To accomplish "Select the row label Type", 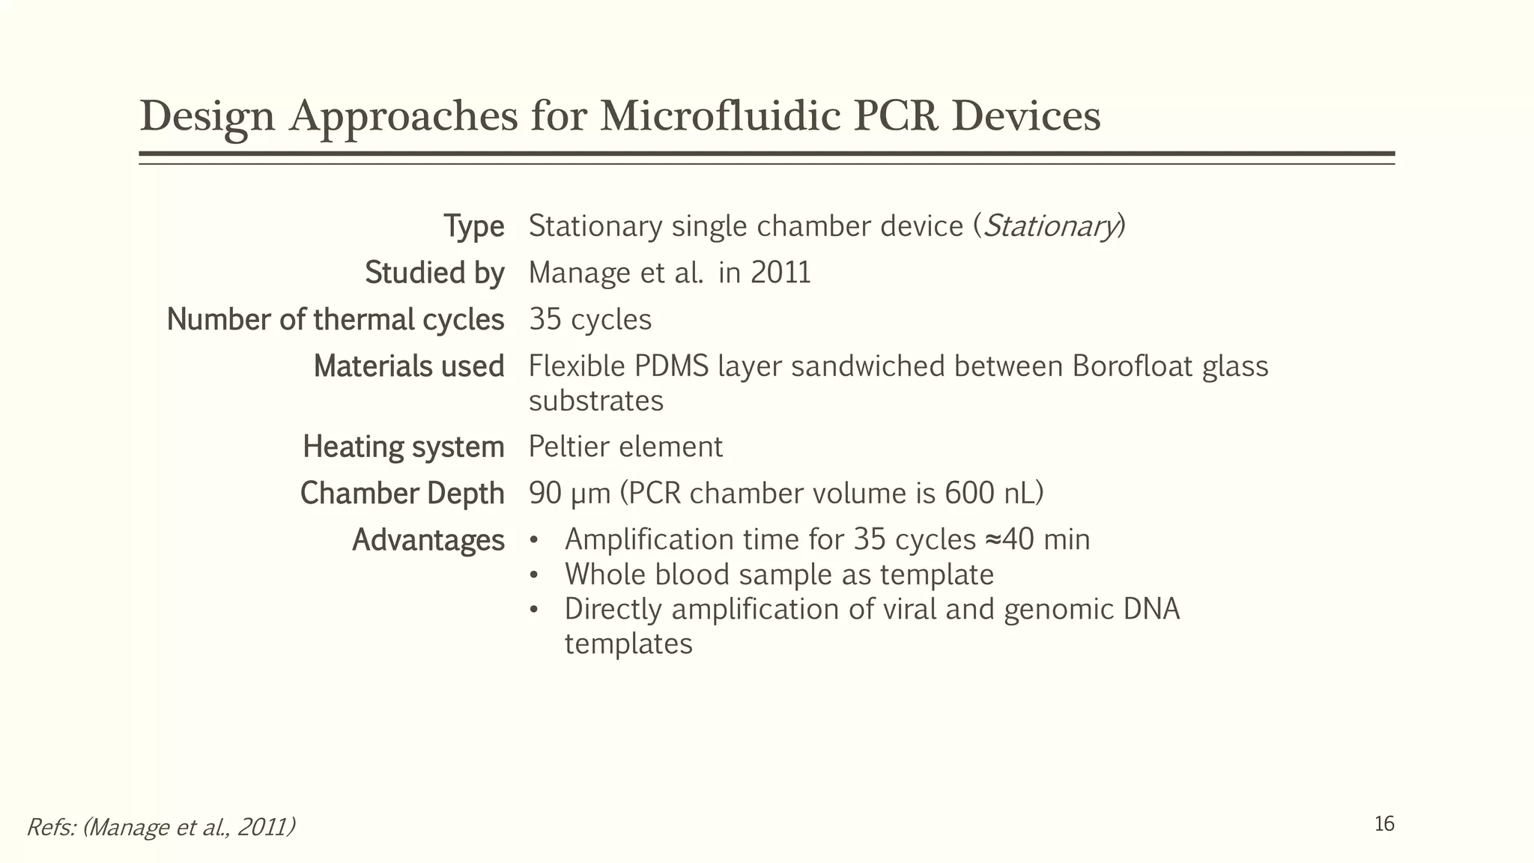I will pyautogui.click(x=473, y=226).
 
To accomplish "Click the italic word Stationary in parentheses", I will pyautogui.click(x=1049, y=226).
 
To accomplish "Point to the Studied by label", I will pyautogui.click(x=434, y=273).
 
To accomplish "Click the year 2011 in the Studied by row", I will pyautogui.click(x=780, y=273).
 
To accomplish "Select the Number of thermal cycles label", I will pyautogui.click(x=335, y=320).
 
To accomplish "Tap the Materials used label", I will pyautogui.click(x=408, y=366).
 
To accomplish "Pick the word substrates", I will pyautogui.click(x=596, y=401).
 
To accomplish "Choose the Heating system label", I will pyautogui.click(x=403, y=447).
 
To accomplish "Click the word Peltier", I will pyautogui.click(x=569, y=447).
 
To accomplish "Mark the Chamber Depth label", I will pyautogui.click(x=401, y=494).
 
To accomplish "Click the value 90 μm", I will pyautogui.click(x=570, y=494).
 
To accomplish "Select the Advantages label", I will pyautogui.click(x=428, y=540).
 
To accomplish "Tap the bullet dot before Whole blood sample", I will pyautogui.click(x=533, y=575).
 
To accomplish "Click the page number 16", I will pyautogui.click(x=1384, y=824).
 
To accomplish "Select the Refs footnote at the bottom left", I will pyautogui.click(x=160, y=827).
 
